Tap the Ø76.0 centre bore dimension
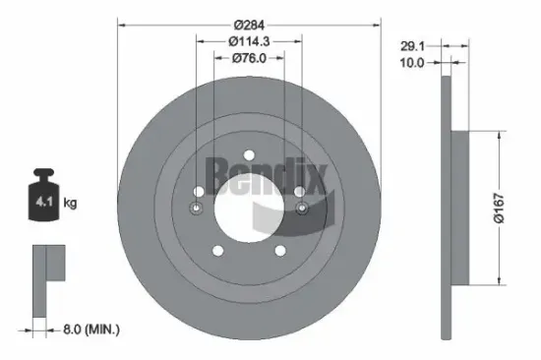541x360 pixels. click(x=247, y=58)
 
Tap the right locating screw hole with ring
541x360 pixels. click(x=302, y=209)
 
